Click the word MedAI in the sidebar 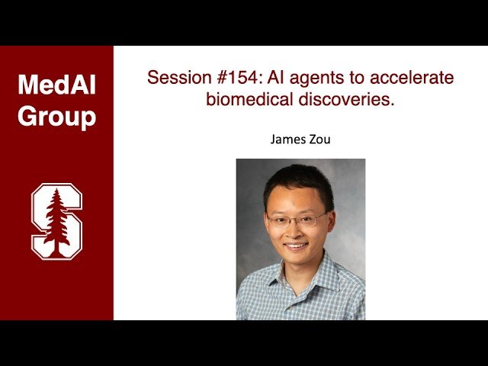tap(57, 85)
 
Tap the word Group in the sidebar tap(57, 116)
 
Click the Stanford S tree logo tap(56, 220)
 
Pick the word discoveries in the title tap(347, 99)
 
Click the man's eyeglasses tap(297, 220)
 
